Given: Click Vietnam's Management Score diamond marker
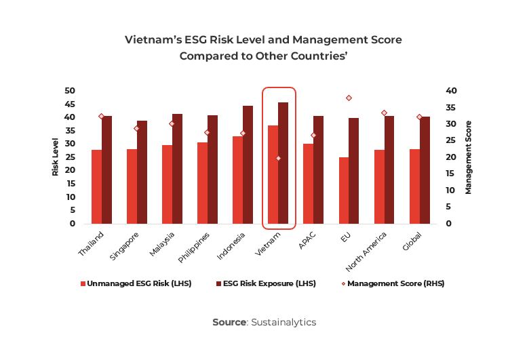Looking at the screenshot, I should [278, 158].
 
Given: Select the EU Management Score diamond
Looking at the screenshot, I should [349, 98].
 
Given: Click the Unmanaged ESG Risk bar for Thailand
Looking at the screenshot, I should [96, 186].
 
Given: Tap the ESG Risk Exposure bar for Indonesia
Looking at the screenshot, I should [248, 165].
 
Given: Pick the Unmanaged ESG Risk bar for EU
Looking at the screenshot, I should [344, 191].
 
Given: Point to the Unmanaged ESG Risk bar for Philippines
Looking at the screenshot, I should [202, 183].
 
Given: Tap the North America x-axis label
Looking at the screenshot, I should [370, 249].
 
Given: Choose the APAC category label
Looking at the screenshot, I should [307, 241].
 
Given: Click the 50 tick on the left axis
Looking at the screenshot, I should [69, 91].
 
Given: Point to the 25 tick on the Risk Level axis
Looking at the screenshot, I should [69, 157].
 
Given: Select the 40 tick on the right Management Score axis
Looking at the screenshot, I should [452, 91].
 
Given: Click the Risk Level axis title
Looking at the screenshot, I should [56, 157].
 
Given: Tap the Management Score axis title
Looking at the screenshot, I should [468, 157].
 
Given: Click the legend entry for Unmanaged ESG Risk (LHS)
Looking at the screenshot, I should [136, 283].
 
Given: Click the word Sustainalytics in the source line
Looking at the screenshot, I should [283, 322].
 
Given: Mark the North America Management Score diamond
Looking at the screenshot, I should [384, 113].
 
